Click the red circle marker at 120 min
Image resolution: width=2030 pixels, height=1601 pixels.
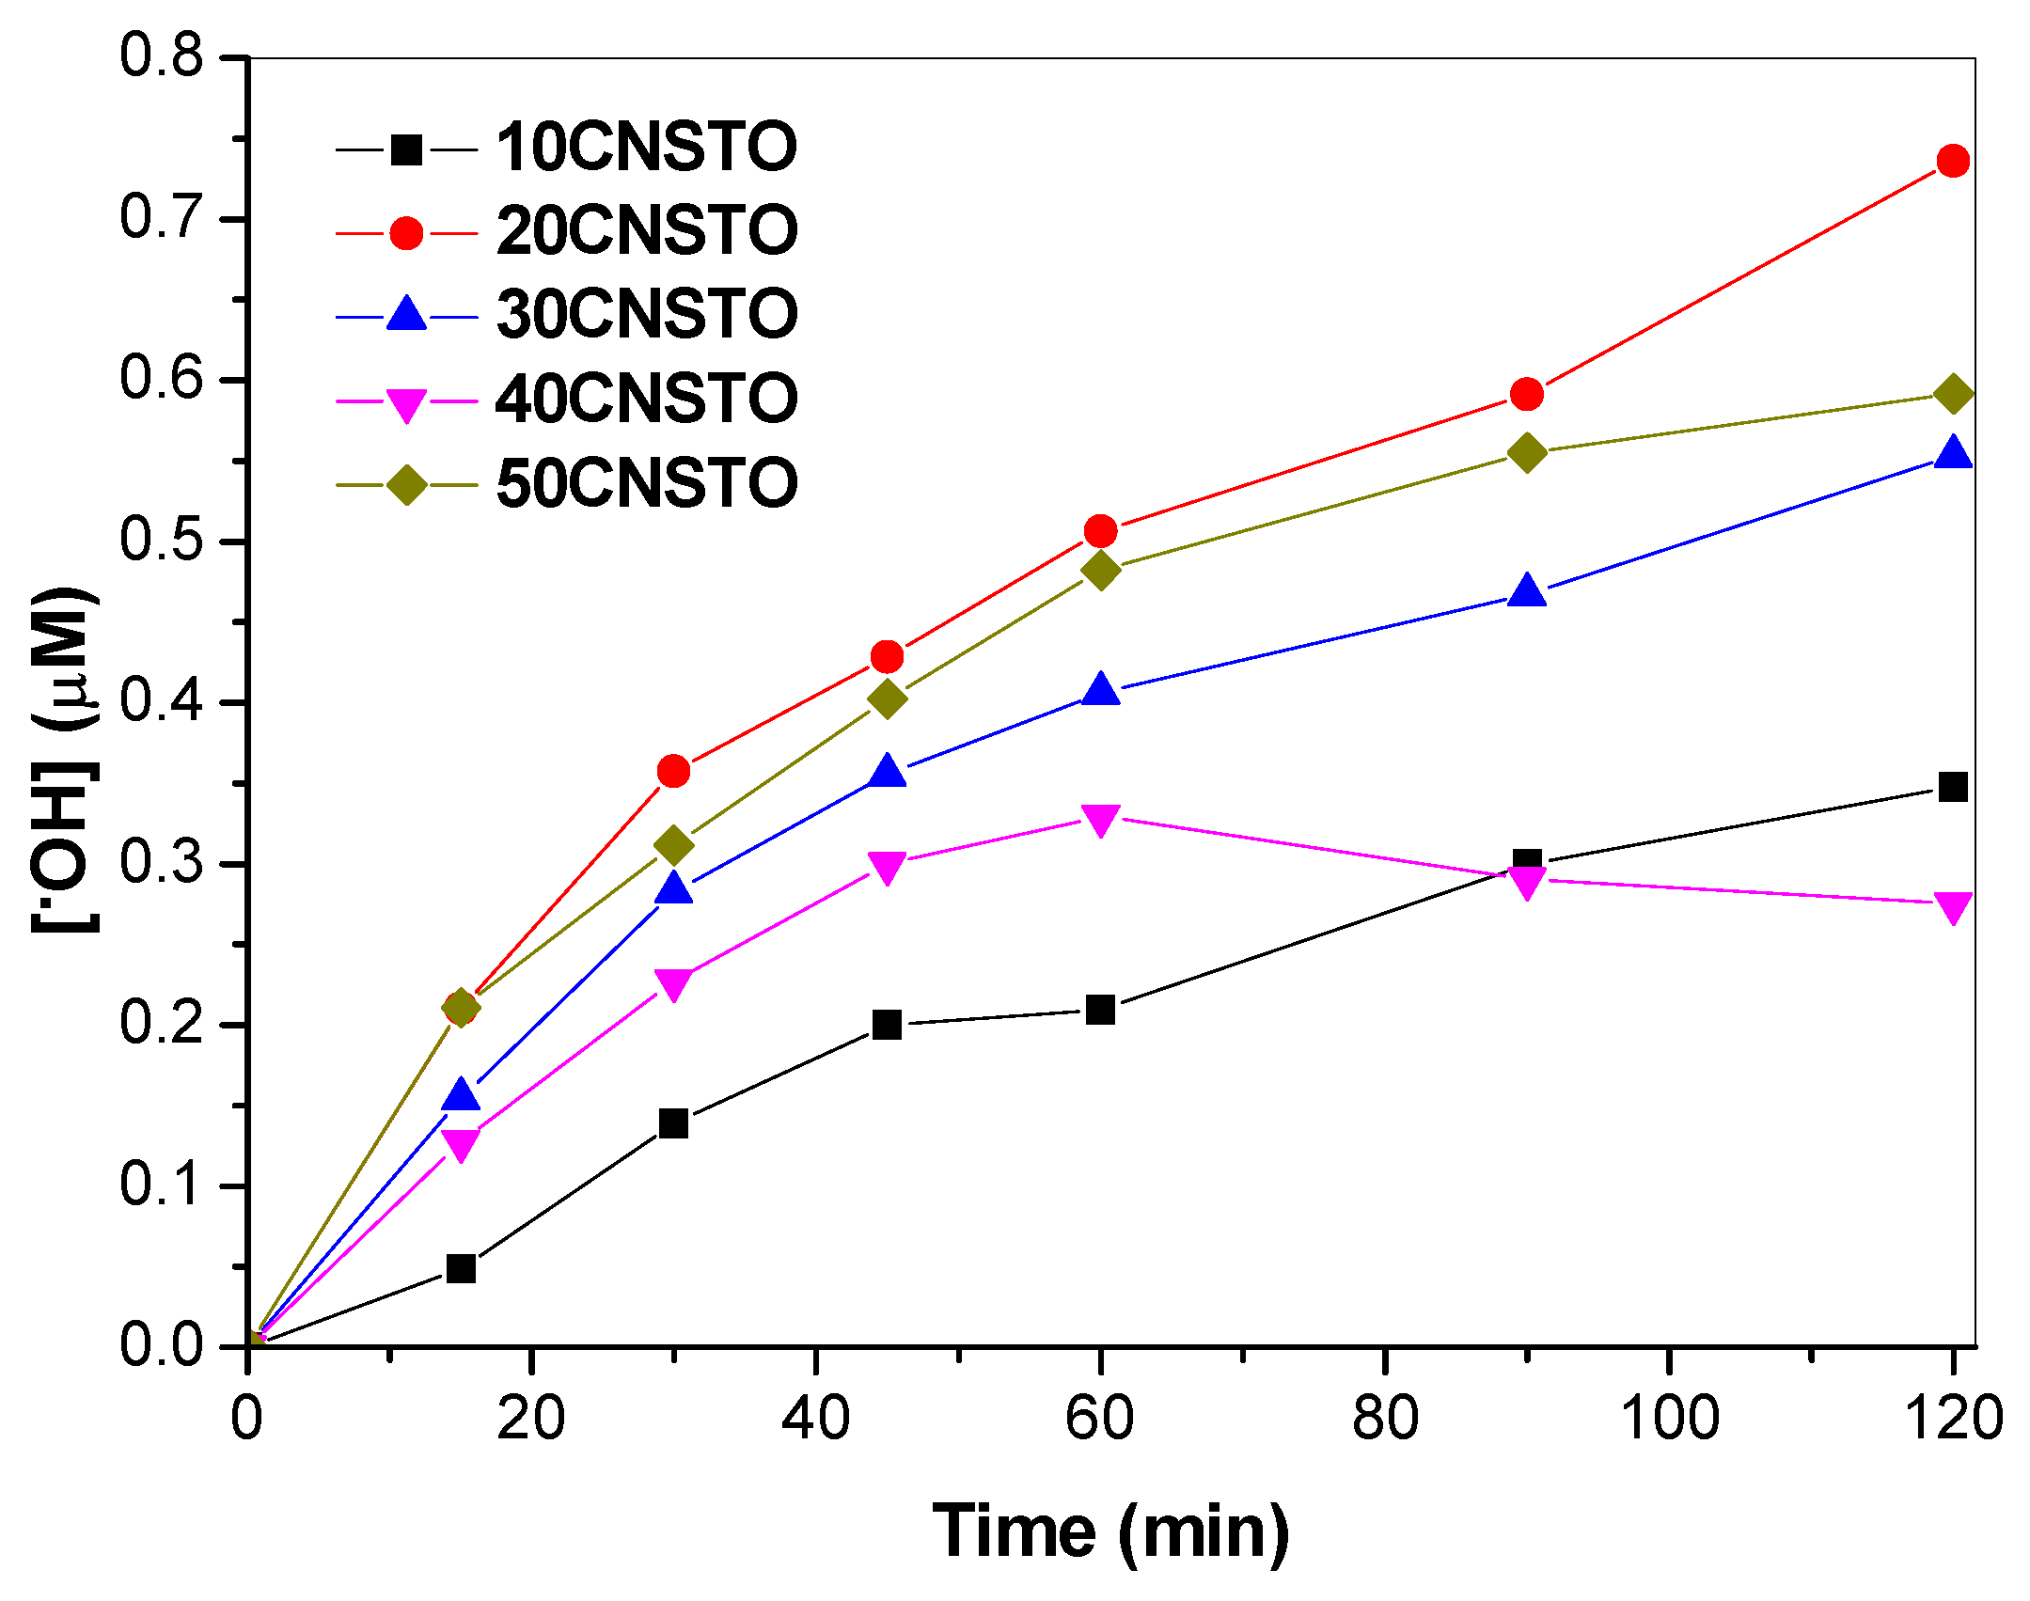(1953, 162)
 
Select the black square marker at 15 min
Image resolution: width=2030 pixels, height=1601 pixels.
(461, 1269)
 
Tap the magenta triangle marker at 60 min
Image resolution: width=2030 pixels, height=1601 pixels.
(1100, 819)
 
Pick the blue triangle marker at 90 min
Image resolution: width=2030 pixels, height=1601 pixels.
(1527, 591)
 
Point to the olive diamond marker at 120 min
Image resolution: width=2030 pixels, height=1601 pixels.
(1953, 394)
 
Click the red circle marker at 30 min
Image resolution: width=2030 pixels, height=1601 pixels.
(673, 772)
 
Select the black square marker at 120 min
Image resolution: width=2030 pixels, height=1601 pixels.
(1953, 787)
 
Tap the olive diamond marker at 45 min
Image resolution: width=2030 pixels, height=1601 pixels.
(887, 698)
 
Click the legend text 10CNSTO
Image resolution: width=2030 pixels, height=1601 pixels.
(646, 149)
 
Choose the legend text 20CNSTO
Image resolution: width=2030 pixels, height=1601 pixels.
(646, 231)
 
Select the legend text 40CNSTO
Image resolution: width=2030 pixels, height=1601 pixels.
(646, 399)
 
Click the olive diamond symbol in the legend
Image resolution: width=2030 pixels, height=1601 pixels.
(406, 485)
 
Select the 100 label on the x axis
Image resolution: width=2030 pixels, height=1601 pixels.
(1669, 1419)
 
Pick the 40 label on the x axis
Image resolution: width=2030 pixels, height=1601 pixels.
(815, 1419)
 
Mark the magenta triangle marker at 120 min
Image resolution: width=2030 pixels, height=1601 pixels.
(1953, 907)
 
